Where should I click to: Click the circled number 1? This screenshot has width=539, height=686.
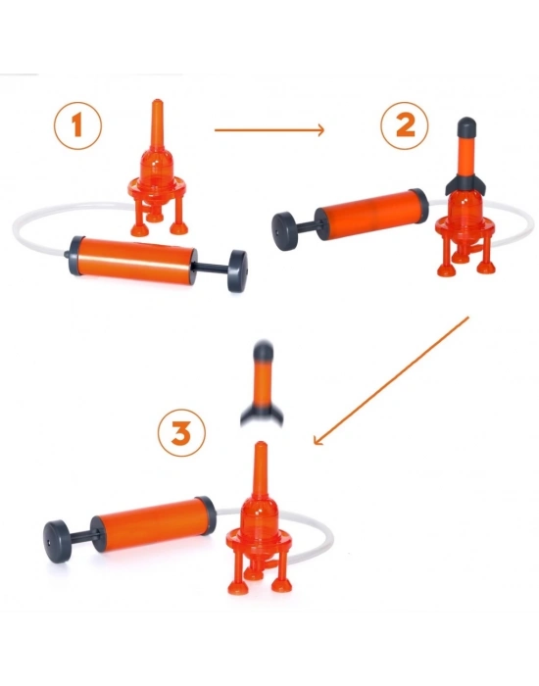point(77,125)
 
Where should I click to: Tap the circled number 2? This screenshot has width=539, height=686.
point(405,125)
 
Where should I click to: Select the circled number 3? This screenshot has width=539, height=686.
point(181,434)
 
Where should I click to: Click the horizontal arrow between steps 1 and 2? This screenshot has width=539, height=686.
point(269,130)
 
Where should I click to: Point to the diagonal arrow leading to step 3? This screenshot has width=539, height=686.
point(391,381)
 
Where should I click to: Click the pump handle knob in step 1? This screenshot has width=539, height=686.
point(237,270)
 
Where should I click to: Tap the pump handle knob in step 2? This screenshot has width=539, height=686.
point(282,231)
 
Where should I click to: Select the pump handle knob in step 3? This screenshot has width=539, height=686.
point(57,541)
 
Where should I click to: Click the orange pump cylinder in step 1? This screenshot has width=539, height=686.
point(136,261)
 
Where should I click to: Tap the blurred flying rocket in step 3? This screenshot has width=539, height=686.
point(262,382)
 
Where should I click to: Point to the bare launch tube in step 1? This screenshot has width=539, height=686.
point(157,125)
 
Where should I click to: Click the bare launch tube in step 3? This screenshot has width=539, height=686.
point(261,469)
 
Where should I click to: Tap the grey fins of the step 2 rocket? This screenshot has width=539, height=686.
point(465,184)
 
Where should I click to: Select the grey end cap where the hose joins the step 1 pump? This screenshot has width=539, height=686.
point(74,256)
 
